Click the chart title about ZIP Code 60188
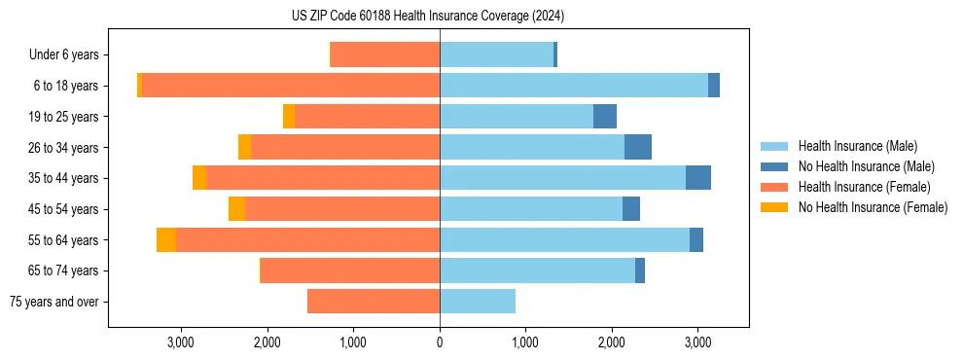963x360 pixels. tap(428, 17)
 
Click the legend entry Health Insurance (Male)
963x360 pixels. tap(856, 146)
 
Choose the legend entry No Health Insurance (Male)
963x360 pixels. tap(866, 166)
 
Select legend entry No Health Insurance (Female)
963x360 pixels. tap(872, 207)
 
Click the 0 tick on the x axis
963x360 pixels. tap(440, 342)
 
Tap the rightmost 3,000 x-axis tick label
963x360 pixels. tap(696, 342)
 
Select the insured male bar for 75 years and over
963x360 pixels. tap(478, 302)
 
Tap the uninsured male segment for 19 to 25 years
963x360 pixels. tap(605, 117)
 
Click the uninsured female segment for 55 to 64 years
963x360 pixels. tap(166, 240)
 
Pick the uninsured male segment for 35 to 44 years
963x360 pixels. tap(698, 178)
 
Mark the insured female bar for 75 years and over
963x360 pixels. tap(374, 302)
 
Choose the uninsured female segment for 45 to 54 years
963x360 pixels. tap(236, 209)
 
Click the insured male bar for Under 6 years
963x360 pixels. tap(496, 55)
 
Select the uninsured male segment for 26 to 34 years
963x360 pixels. tap(638, 148)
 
